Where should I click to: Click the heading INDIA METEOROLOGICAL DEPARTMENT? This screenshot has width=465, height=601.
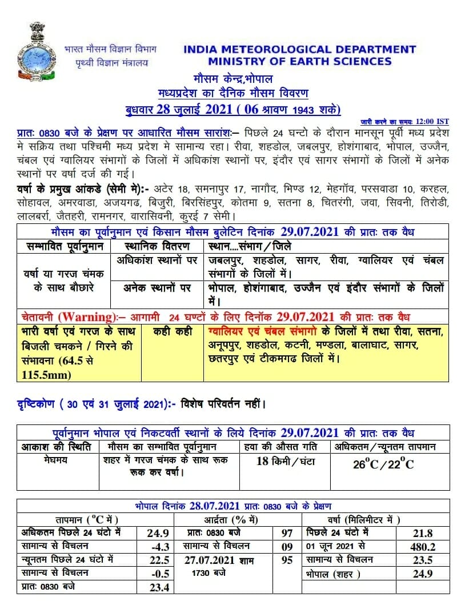299,50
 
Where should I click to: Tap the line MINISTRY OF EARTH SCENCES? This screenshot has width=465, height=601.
299,62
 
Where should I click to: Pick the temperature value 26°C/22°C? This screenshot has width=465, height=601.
383,463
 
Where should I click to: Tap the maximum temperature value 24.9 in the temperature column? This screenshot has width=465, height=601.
158,534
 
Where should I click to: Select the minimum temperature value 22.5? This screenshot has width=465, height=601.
158,560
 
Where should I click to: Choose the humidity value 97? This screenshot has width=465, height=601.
287,534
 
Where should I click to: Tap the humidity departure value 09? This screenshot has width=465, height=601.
287,547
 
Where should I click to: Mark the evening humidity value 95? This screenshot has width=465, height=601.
287,560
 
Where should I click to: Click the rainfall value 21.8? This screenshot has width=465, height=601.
423,534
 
